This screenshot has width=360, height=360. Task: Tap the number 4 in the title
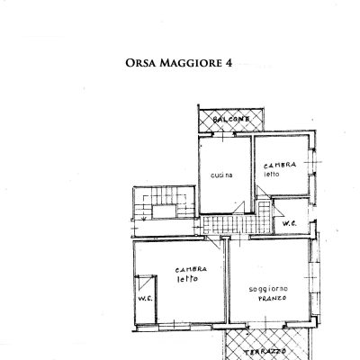click(x=228, y=64)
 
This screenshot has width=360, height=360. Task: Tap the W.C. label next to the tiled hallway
click(x=292, y=223)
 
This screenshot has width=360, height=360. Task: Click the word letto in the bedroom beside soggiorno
click(x=187, y=279)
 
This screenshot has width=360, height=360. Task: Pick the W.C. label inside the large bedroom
click(x=144, y=300)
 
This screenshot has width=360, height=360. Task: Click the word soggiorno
click(x=269, y=289)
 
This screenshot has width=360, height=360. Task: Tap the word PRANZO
click(x=268, y=299)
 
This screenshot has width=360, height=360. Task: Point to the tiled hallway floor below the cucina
click(x=225, y=225)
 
